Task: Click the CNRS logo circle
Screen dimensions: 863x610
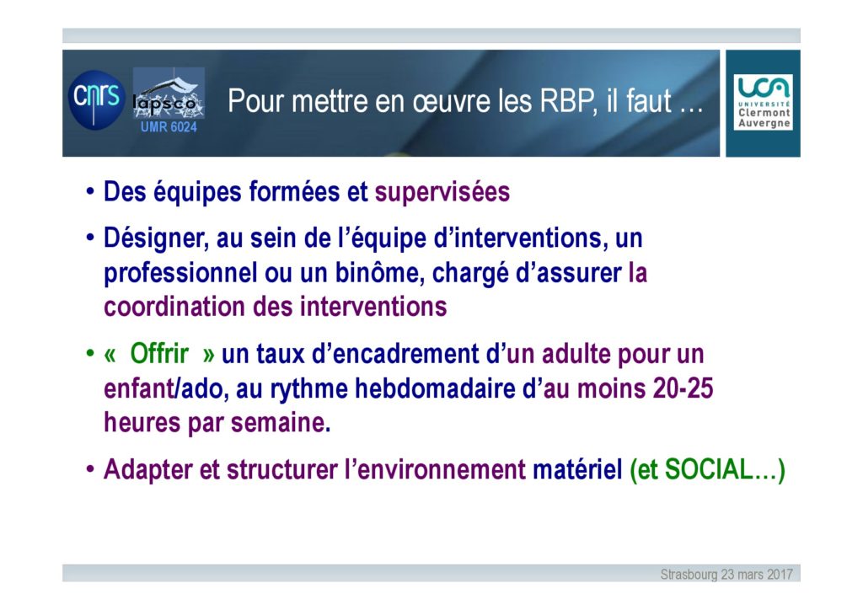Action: click(97, 99)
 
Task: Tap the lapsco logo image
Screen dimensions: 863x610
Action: click(169, 94)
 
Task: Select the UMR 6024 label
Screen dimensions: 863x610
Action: click(169, 127)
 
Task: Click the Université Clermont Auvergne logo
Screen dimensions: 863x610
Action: click(763, 103)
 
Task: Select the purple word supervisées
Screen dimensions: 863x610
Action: click(442, 192)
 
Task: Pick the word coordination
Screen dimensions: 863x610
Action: click(174, 307)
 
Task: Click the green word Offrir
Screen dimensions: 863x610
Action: click(159, 354)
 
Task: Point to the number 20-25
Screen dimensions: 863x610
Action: click(683, 388)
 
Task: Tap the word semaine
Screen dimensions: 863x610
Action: click(281, 423)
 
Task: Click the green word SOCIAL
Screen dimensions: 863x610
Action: click(709, 470)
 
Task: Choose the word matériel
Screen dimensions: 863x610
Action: click(577, 470)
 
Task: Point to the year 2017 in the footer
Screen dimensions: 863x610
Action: click(780, 575)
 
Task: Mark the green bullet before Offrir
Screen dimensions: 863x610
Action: click(90, 353)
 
